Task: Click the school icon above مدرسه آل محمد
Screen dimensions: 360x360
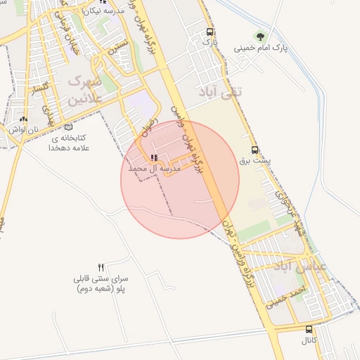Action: [155, 158]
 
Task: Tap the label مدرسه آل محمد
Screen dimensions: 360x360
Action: [155, 169]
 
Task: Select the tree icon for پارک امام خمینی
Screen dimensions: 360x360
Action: [262, 37]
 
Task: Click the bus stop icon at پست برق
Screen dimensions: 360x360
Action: [255, 150]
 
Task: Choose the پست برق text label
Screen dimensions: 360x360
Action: [255, 160]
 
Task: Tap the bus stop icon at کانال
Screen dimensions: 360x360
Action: [309, 329]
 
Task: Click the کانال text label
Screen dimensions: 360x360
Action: [309, 340]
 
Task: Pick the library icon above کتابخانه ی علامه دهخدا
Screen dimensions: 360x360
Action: [68, 127]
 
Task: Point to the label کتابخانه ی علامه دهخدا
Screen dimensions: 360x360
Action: [68, 143]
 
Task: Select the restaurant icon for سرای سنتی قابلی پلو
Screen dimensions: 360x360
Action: [101, 266]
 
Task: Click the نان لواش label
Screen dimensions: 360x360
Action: [18, 129]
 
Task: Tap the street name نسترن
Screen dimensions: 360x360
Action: [122, 51]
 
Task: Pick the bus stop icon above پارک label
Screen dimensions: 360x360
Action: [210, 32]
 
